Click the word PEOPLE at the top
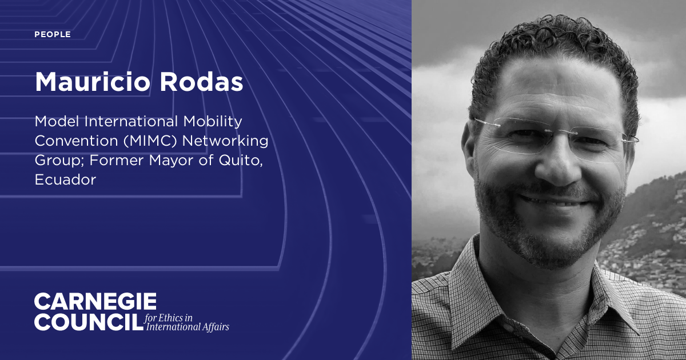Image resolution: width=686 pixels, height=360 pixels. [x=53, y=35]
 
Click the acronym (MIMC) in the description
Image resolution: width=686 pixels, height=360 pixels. [x=149, y=141]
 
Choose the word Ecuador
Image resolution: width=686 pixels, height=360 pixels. [x=66, y=180]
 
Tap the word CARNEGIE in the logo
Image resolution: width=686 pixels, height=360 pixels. [x=95, y=302]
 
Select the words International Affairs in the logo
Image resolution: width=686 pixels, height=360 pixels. [x=188, y=327]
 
